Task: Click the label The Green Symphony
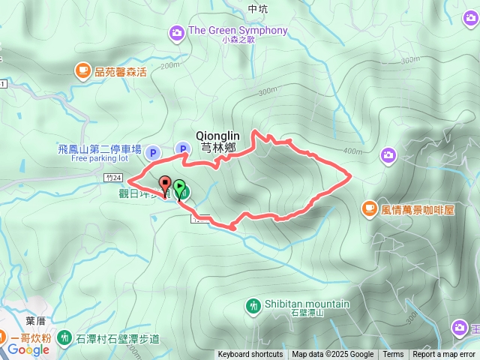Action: click(238, 31)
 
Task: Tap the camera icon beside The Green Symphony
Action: click(176, 31)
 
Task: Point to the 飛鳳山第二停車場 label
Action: click(98, 149)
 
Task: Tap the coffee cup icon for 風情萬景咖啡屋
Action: click(369, 208)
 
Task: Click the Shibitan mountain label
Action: click(307, 304)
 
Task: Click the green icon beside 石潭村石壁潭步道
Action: click(64, 338)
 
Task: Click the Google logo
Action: click(28, 349)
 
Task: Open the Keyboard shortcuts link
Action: click(250, 355)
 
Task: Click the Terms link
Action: click(393, 355)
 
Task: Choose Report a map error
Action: click(444, 355)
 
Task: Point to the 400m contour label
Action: click(352, 151)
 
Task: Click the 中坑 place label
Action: click(256, 8)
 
